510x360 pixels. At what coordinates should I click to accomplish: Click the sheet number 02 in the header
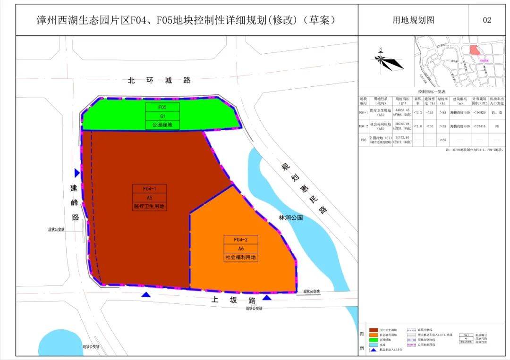(487, 20)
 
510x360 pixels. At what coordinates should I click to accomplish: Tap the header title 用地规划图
(413, 20)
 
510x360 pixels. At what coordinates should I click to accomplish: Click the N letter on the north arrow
(380, 49)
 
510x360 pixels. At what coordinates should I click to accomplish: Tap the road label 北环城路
(159, 80)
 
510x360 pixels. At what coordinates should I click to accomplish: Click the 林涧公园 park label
(290, 218)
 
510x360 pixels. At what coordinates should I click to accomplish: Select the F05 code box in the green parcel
(162, 107)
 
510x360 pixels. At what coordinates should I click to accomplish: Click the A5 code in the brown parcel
(149, 197)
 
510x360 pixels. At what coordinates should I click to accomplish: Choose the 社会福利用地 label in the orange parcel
(240, 258)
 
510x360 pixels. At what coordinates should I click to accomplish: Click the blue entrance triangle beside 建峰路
(77, 173)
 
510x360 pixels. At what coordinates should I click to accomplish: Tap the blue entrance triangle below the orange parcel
(267, 297)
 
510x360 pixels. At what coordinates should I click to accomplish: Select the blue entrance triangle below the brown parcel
(146, 295)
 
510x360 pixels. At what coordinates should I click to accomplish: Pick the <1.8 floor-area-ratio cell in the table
(418, 126)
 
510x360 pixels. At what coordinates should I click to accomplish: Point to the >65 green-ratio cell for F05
(442, 140)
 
